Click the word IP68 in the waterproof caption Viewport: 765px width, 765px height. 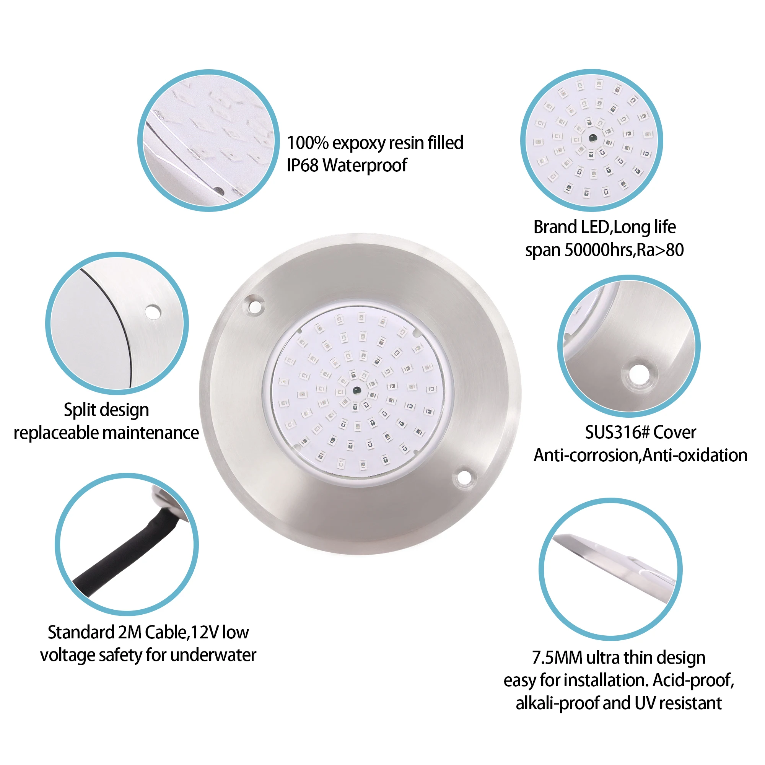tap(303, 166)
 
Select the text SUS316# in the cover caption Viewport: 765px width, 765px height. tap(617, 432)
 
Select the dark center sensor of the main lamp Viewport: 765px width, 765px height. tap(356, 391)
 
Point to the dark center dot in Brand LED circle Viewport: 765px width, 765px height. tap(593, 138)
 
